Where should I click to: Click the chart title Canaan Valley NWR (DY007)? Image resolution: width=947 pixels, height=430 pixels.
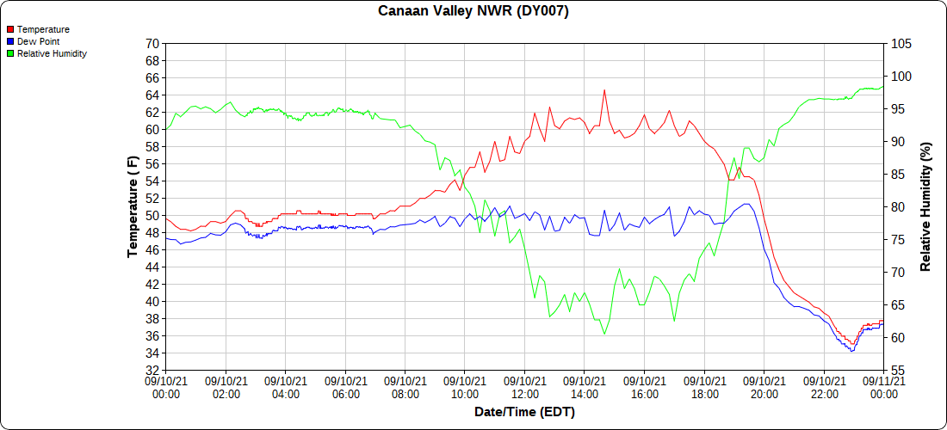tap(473, 11)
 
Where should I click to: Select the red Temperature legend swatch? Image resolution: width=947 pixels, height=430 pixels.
tap(9, 29)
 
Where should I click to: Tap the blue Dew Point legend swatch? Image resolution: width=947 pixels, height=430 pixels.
tap(9, 41)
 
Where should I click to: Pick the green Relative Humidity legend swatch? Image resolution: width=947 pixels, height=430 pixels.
tap(9, 53)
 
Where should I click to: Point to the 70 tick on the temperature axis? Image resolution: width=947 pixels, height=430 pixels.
tap(152, 43)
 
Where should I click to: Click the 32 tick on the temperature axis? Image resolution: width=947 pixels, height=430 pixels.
tap(152, 370)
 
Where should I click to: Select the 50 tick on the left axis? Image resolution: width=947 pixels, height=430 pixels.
tap(152, 215)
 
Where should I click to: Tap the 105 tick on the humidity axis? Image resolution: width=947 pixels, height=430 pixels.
tap(901, 43)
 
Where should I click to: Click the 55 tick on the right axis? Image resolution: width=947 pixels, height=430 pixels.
tap(898, 370)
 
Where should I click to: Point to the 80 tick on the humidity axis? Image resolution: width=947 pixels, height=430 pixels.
tap(898, 206)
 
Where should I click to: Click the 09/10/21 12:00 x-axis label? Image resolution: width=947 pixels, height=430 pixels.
tap(525, 387)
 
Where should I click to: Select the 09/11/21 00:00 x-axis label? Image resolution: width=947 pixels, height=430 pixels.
tap(883, 387)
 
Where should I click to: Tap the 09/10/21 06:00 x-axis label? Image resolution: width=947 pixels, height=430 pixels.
tap(345, 387)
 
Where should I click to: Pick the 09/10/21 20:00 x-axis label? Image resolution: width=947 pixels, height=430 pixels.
tap(764, 387)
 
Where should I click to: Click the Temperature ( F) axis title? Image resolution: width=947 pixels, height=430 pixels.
tap(132, 206)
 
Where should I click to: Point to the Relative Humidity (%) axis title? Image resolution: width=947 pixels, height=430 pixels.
tap(926, 206)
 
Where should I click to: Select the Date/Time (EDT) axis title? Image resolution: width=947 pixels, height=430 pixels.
tap(524, 412)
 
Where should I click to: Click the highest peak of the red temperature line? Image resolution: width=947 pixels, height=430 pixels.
tap(604, 89)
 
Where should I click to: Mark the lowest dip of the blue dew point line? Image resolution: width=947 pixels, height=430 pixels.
tap(852, 351)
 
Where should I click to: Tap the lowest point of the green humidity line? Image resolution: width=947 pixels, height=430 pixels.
tap(604, 335)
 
